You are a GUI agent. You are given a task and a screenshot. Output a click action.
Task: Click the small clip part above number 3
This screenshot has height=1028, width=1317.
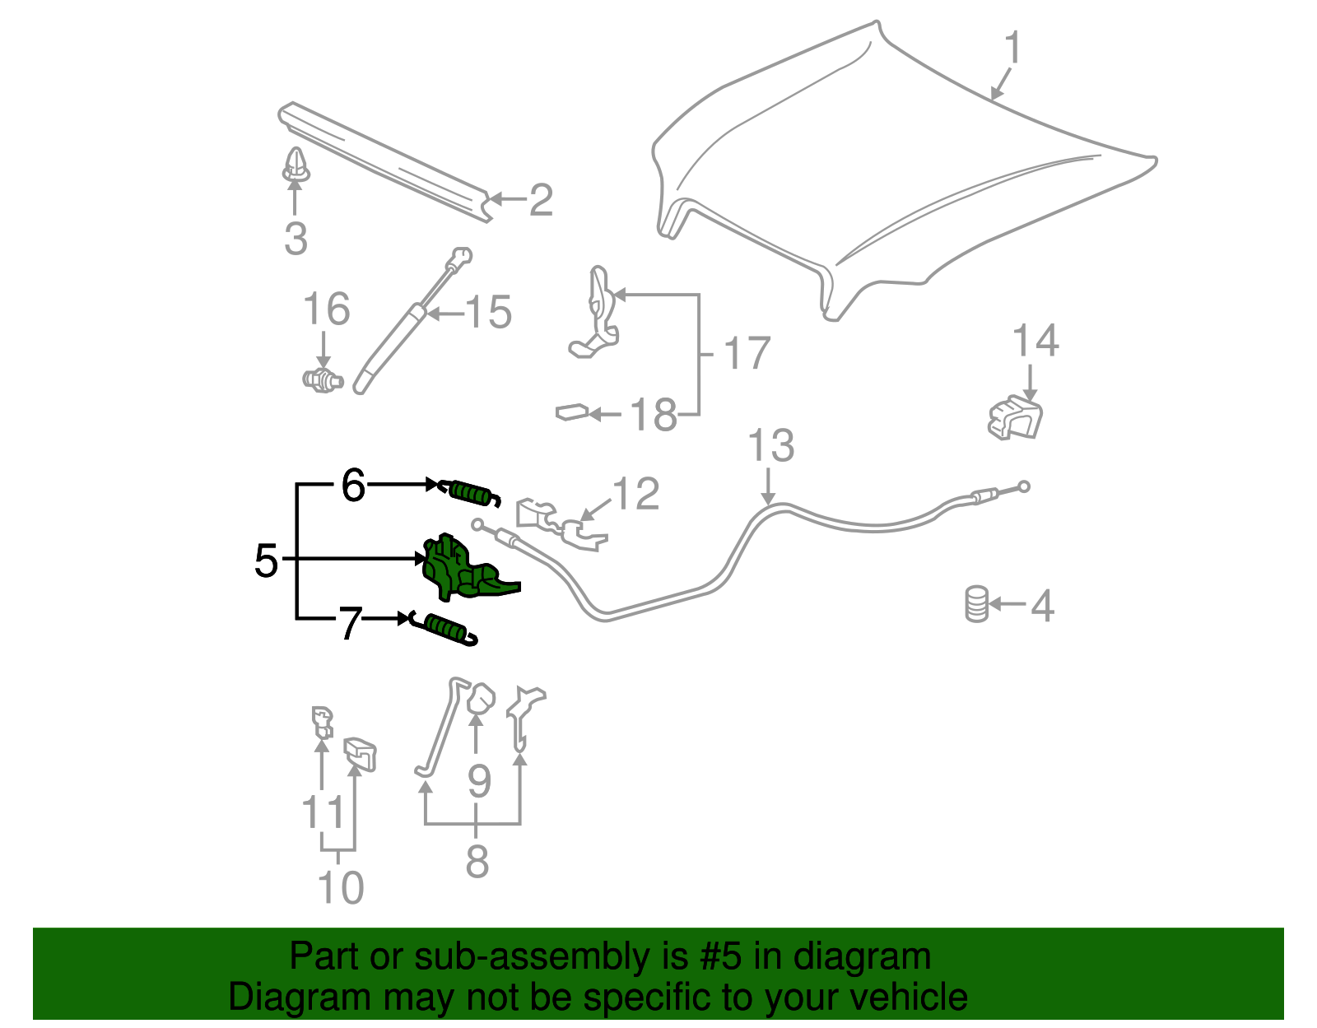(x=296, y=165)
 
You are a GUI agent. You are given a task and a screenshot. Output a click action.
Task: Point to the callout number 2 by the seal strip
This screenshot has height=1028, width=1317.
(x=540, y=200)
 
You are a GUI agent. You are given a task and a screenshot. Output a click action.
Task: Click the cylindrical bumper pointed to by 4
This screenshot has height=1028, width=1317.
(x=976, y=604)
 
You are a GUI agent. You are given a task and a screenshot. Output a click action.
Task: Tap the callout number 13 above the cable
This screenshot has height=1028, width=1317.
(x=770, y=445)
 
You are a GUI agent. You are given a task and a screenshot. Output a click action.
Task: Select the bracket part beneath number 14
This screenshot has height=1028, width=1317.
(x=1015, y=417)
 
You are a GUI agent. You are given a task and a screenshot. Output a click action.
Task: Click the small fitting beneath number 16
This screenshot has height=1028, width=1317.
(x=323, y=380)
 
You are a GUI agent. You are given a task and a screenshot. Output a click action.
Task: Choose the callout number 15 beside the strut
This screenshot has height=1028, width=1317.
(x=488, y=313)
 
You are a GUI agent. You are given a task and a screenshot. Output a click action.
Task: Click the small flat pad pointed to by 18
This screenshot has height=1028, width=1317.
(x=572, y=412)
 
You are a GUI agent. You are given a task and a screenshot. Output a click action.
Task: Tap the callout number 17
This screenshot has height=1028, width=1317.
(x=747, y=354)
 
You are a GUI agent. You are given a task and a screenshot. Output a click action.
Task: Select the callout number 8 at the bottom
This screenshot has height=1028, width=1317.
(x=477, y=861)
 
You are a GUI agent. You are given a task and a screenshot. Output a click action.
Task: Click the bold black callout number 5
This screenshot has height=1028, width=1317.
(x=266, y=561)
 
